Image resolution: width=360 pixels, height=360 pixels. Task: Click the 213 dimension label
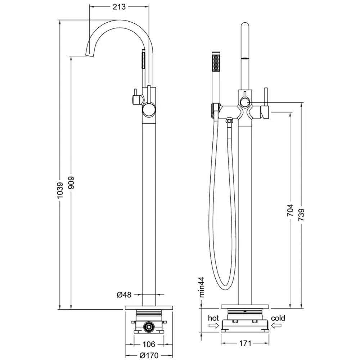tap(119, 7)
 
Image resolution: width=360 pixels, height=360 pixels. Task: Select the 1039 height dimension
tap(60, 190)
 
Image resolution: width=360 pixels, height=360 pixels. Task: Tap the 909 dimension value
tap(71, 183)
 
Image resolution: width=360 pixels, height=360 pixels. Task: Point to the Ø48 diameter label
tap(124, 294)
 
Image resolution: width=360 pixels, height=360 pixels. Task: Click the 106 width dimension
tap(149, 344)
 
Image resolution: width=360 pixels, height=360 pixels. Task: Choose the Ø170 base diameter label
tap(149, 355)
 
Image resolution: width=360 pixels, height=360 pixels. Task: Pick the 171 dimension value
tap(245, 343)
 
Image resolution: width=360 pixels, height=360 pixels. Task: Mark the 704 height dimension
tap(290, 210)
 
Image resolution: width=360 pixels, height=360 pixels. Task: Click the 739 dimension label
tap(301, 215)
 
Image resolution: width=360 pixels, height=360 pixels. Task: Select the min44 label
tap(202, 287)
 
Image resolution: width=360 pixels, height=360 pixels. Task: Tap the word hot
tap(213, 318)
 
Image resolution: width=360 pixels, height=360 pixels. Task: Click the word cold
tap(278, 318)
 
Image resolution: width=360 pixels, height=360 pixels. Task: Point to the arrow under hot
tap(213, 325)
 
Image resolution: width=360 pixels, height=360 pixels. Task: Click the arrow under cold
tap(276, 325)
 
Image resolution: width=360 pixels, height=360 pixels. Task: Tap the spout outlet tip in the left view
tap(90, 55)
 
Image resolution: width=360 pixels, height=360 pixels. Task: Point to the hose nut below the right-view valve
tap(229, 120)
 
